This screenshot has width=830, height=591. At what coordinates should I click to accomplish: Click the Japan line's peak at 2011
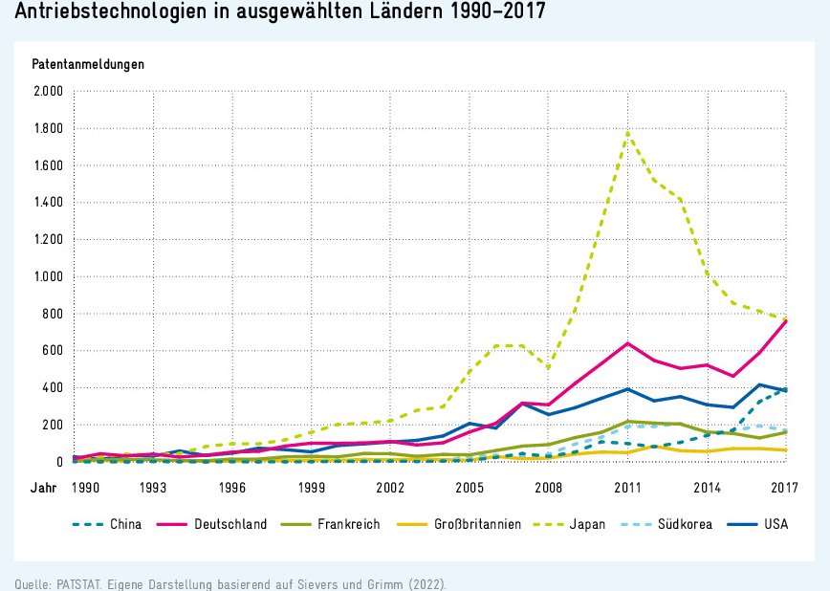click(627, 131)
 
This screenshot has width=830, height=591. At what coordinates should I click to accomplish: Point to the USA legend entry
click(775, 524)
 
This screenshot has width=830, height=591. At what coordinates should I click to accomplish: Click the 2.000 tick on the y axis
click(48, 91)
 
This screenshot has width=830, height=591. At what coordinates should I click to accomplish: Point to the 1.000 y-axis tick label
click(48, 276)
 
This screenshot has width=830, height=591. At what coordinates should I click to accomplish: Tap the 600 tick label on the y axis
click(54, 351)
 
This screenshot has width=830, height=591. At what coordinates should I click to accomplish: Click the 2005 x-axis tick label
click(469, 487)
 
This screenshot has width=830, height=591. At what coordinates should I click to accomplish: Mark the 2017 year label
click(785, 487)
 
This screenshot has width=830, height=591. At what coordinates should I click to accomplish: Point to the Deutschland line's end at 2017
click(785, 321)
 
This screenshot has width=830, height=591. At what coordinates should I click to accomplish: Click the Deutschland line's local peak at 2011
click(627, 343)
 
